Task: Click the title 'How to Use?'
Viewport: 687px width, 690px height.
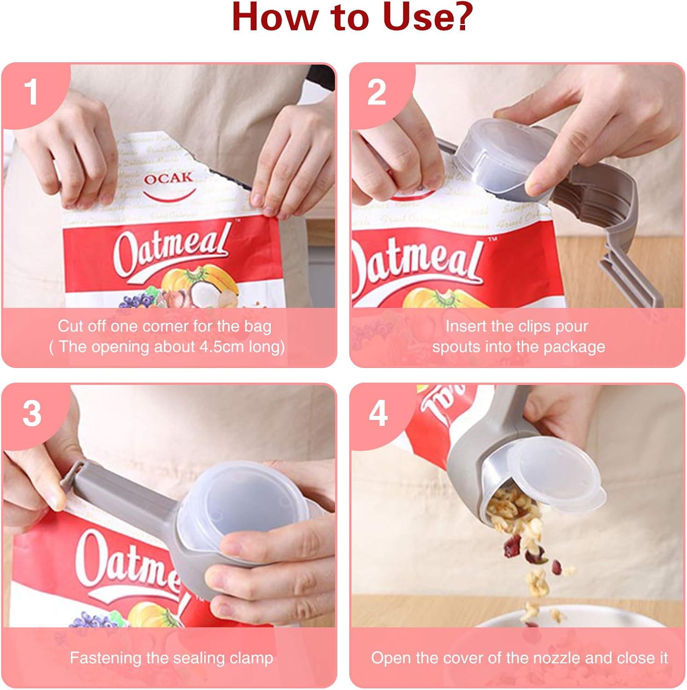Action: point(352,17)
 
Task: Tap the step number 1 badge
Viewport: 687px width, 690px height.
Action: point(31,92)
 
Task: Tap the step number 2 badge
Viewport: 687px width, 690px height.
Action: point(376,92)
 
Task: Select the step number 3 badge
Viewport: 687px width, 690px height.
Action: point(31,413)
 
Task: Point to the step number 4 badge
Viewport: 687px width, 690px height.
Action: point(378,413)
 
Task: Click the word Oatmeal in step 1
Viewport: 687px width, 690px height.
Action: point(171,251)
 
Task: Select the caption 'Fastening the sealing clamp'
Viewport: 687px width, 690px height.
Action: point(171,658)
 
